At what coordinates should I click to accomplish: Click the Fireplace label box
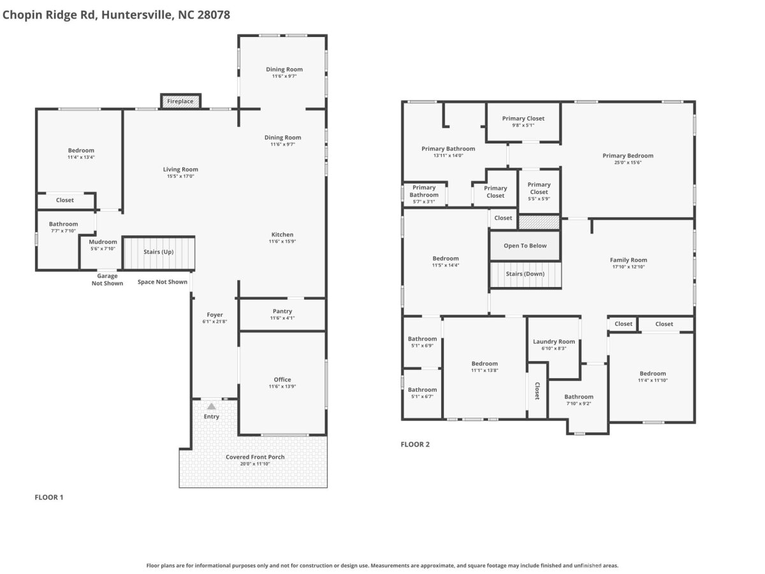(180, 101)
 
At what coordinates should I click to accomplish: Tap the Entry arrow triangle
(211, 406)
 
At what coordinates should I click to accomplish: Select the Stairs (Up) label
(159, 252)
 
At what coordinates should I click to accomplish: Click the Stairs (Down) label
(525, 274)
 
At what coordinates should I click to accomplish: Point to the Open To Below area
(525, 246)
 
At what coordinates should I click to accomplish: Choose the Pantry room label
(282, 311)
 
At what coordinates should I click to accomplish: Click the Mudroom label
(103, 242)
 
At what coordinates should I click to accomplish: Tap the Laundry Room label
(554, 342)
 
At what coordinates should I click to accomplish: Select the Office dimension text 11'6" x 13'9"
(282, 386)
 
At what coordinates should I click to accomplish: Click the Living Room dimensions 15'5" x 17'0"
(180, 176)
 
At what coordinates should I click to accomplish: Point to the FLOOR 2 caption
(415, 445)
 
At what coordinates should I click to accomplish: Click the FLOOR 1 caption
(49, 497)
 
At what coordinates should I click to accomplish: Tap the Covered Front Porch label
(255, 457)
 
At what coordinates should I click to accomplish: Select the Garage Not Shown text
(107, 279)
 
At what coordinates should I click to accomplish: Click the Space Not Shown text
(163, 282)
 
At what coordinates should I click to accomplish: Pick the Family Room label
(629, 260)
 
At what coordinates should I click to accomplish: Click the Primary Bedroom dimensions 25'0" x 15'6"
(628, 163)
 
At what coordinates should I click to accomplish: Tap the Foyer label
(215, 314)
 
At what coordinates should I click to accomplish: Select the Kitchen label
(282, 235)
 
